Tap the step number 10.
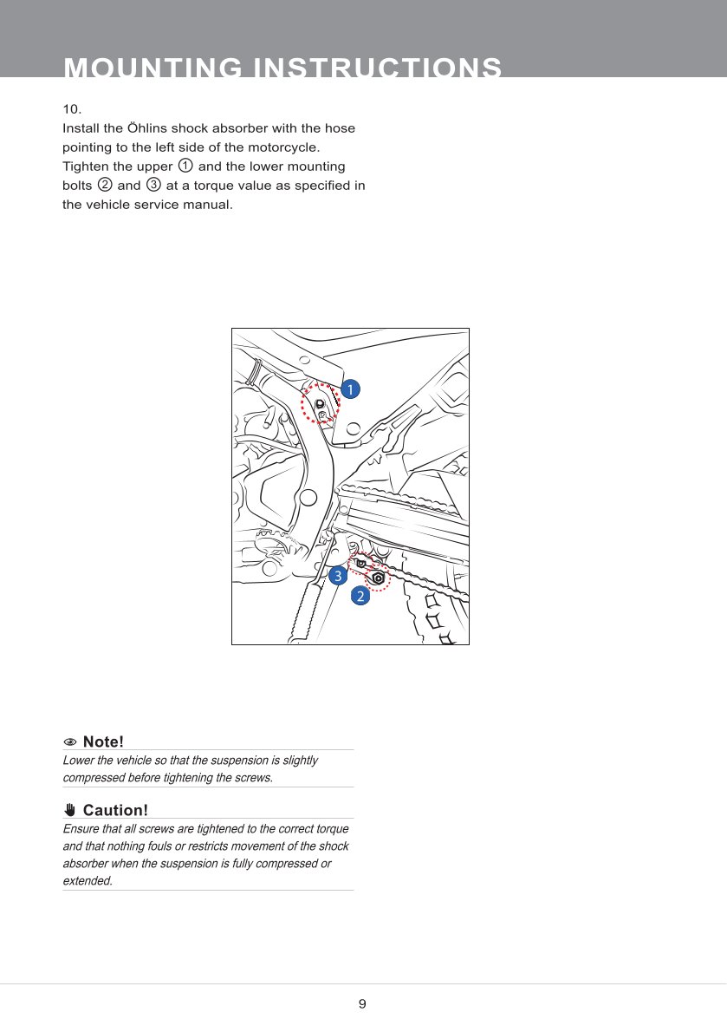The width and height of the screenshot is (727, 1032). click(72, 109)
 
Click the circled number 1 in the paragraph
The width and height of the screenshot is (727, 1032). click(185, 166)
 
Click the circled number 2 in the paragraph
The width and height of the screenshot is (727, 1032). click(105, 185)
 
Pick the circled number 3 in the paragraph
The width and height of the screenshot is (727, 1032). click(154, 185)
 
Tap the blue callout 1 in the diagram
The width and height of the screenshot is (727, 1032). click(349, 389)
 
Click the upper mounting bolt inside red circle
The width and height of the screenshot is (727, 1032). click(320, 404)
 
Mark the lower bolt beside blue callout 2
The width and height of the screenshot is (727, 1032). click(379, 578)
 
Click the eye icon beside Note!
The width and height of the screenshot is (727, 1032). click(70, 742)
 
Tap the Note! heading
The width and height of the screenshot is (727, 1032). click(103, 742)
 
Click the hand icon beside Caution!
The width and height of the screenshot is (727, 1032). click(70, 810)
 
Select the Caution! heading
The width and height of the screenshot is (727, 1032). click(115, 810)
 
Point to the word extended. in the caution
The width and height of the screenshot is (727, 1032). click(88, 881)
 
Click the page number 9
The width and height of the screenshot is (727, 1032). click(362, 1004)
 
